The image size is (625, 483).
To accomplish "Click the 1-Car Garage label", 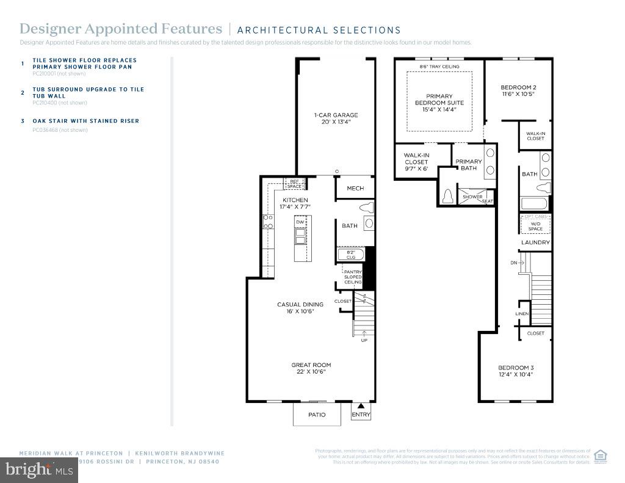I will [335, 118].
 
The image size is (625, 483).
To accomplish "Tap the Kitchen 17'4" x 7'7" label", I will [295, 203].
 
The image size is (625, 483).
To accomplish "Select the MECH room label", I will [355, 188].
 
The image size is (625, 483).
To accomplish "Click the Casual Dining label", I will [300, 308].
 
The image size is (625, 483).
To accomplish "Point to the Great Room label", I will [311, 368].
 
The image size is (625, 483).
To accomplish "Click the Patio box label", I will [317, 415].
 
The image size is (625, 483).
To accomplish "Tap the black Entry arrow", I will [361, 405].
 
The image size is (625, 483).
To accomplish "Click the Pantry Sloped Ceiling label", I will [354, 277].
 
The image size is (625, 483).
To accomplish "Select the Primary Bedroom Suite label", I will [439, 103].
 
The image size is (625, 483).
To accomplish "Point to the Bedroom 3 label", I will [516, 371].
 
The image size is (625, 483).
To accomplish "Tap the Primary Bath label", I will [469, 165].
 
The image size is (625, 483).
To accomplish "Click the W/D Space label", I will [535, 226].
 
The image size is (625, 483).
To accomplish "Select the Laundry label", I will [535, 242].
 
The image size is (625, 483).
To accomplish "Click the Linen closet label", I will [521, 314].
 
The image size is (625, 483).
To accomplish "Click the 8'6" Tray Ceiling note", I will [439, 67].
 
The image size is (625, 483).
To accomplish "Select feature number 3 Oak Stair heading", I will [85, 121].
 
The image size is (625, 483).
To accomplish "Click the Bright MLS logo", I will [38, 470].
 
